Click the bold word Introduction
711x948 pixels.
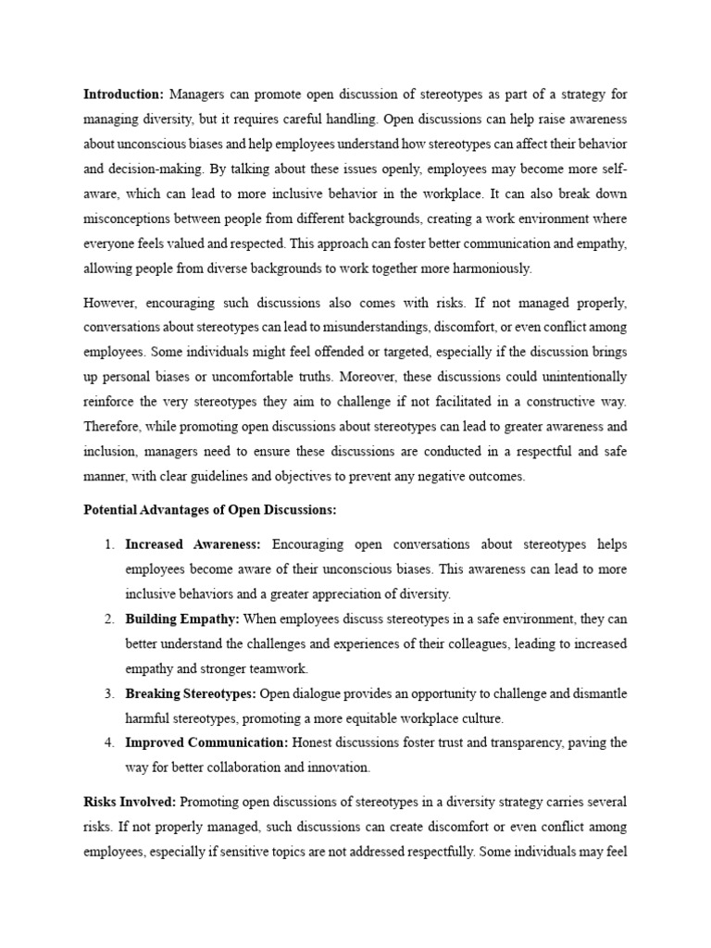click(x=123, y=94)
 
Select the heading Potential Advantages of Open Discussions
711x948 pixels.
click(x=210, y=510)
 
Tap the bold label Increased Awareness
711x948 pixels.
click(x=193, y=544)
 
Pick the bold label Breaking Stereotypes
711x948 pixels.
click(x=191, y=693)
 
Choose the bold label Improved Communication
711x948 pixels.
click(x=207, y=742)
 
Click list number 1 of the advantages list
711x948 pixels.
click(x=108, y=544)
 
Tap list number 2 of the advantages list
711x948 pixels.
click(x=108, y=619)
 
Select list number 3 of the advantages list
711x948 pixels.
click(x=108, y=693)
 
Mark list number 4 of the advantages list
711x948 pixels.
click(x=108, y=742)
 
